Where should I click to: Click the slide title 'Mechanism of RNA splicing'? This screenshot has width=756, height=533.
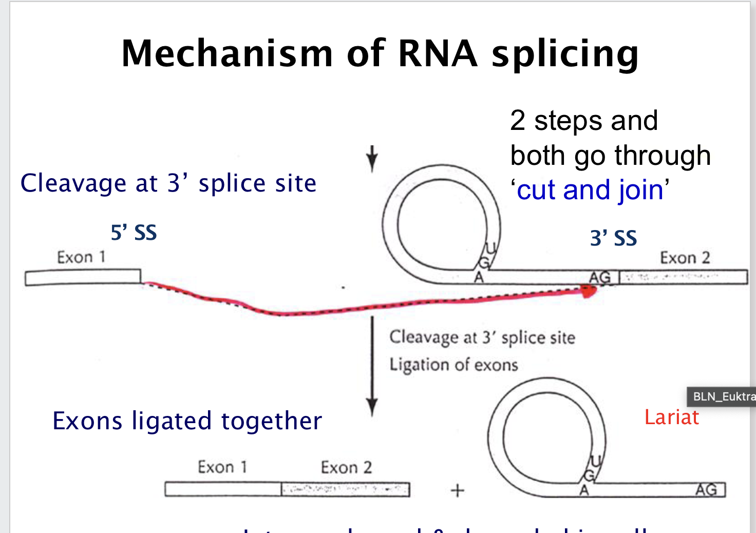(x=380, y=53)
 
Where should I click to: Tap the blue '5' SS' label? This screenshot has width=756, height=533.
(x=134, y=233)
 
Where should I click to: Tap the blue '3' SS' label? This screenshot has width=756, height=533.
(x=613, y=238)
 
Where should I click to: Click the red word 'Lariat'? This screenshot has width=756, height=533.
(x=671, y=417)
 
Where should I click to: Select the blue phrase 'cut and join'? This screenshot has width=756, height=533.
(x=590, y=190)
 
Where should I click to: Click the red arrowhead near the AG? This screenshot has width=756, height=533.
(x=589, y=292)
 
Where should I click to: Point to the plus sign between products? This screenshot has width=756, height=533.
(x=457, y=491)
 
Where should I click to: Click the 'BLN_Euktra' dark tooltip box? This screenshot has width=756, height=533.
(x=722, y=396)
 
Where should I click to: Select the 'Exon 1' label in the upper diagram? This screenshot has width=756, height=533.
(x=81, y=257)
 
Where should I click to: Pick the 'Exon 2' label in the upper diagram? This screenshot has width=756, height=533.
(x=685, y=257)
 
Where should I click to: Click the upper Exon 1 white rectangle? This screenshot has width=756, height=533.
(x=83, y=277)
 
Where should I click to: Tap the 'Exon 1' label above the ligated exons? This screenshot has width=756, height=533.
(x=222, y=467)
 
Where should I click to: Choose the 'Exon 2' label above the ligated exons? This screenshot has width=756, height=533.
(x=346, y=467)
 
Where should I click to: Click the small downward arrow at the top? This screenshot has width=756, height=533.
(x=372, y=159)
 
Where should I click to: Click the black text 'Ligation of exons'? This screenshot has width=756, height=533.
(x=453, y=365)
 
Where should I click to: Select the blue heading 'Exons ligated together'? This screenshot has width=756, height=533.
(x=187, y=421)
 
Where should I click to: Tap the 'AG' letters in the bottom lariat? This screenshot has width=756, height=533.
(x=706, y=490)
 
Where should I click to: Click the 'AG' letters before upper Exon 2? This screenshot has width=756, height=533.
(x=600, y=278)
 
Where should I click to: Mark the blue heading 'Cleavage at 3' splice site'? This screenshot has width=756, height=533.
(x=168, y=183)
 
